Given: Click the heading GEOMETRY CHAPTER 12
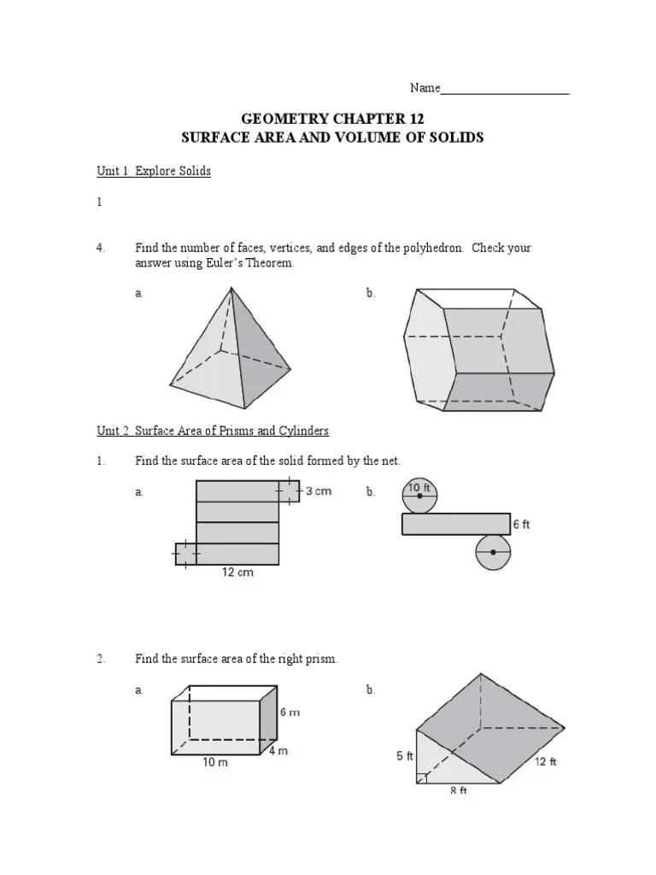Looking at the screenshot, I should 332,119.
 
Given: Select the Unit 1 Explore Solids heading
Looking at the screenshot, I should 154,171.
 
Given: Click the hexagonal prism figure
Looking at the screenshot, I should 475,350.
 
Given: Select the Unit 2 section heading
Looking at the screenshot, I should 213,431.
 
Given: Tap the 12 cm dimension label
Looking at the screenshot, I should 237,573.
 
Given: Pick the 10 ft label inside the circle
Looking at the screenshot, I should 419,488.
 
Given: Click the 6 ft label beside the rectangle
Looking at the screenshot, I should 521,525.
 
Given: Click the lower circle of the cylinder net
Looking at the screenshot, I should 495,552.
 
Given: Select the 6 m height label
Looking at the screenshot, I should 290,712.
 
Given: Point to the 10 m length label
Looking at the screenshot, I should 215,763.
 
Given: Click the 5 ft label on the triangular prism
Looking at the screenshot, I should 405,756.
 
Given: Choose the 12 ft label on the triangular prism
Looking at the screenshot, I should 546,761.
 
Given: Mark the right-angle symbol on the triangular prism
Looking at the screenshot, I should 422,778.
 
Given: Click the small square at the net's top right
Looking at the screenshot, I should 289,491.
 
